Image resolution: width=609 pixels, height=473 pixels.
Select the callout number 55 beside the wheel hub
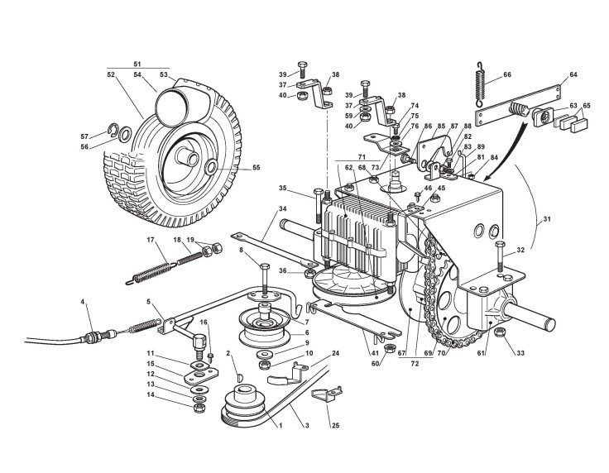click(x=256, y=168)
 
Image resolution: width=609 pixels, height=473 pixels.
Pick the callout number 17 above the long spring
click(x=151, y=241)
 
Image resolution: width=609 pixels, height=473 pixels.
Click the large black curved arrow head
click(x=494, y=174)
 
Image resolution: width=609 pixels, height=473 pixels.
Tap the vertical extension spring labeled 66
click(x=479, y=80)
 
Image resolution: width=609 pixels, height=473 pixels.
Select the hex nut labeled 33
click(x=501, y=332)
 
